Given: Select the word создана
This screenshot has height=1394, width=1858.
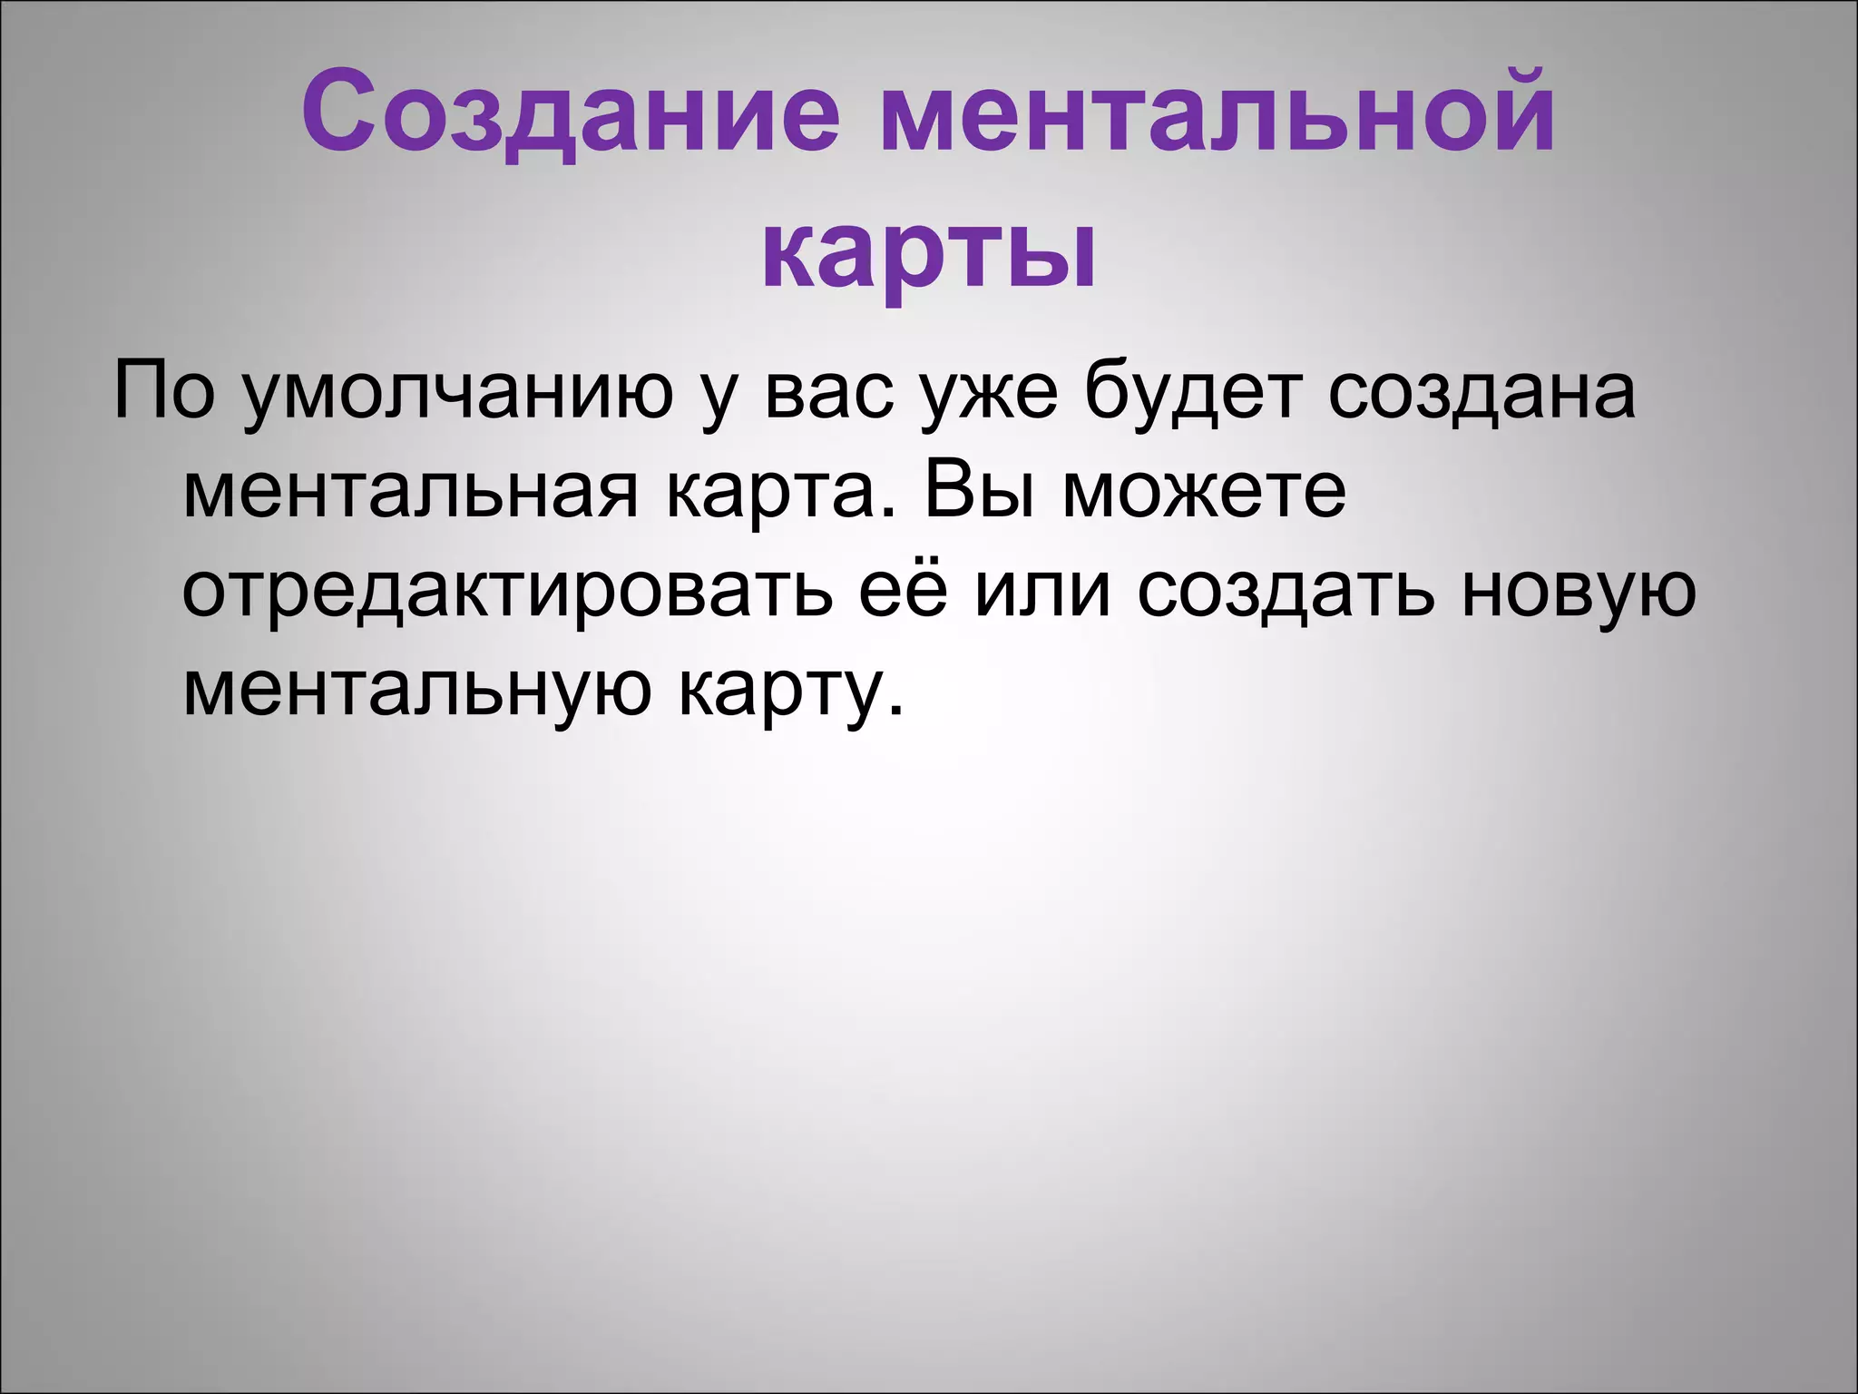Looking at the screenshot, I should click(1482, 392).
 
